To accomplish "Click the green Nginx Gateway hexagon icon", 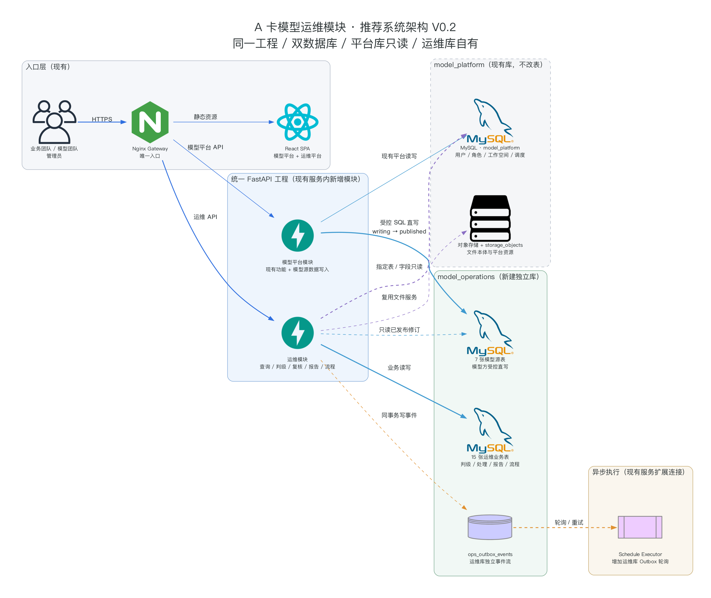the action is click(x=150, y=122).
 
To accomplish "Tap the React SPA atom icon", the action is click(x=297, y=122).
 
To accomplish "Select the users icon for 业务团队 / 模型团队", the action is click(x=54, y=122).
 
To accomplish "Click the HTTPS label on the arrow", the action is click(x=102, y=119).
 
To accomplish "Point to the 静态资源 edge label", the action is click(x=205, y=117).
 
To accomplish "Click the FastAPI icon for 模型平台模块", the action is click(x=297, y=236).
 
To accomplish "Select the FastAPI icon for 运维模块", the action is click(x=297, y=333).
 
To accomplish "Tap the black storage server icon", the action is click(x=490, y=218).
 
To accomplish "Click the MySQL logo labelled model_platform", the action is click(x=490, y=121).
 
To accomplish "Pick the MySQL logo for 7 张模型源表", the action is click(x=490, y=333).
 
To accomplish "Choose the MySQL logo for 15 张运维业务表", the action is click(x=490, y=430).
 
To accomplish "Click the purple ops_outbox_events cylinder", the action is click(x=490, y=527).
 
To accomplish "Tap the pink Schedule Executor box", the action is click(x=640, y=527).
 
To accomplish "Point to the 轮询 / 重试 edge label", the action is click(x=569, y=522).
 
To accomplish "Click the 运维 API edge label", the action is click(x=205, y=217).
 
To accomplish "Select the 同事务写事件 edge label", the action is click(x=399, y=415).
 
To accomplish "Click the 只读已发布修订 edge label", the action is click(x=399, y=330).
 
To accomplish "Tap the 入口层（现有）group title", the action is click(x=48, y=67).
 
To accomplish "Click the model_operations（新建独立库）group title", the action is click(x=488, y=277).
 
